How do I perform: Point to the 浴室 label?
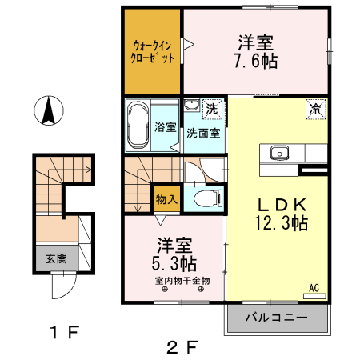165,126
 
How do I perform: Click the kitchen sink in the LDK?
279,152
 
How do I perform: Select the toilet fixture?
203,198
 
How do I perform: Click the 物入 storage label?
166,198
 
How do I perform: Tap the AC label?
314,288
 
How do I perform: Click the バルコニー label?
276,318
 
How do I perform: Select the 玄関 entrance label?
56,258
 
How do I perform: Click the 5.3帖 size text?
174,261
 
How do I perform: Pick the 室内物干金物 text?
182,281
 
